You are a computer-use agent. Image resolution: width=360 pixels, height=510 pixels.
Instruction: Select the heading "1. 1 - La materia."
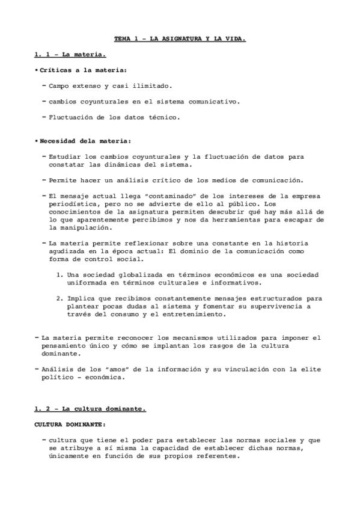pyautogui.click(x=70, y=55)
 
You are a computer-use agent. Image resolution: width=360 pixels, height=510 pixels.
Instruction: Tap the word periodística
pyautogui.click(x=78, y=203)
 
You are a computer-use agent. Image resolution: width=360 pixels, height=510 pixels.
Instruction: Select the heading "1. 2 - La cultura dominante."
pyautogui.click(x=90, y=409)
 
